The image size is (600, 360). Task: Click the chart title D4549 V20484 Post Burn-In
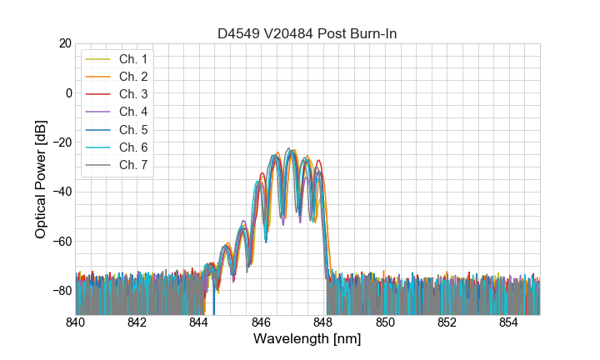(x=307, y=33)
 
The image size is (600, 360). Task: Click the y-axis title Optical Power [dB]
(x=41, y=178)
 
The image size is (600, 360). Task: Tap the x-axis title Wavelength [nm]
(x=307, y=340)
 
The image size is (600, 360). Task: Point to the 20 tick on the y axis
(x=64, y=43)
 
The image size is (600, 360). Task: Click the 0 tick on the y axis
(x=67, y=92)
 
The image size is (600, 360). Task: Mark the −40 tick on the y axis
(x=60, y=192)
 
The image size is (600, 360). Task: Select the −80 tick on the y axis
(x=60, y=290)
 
